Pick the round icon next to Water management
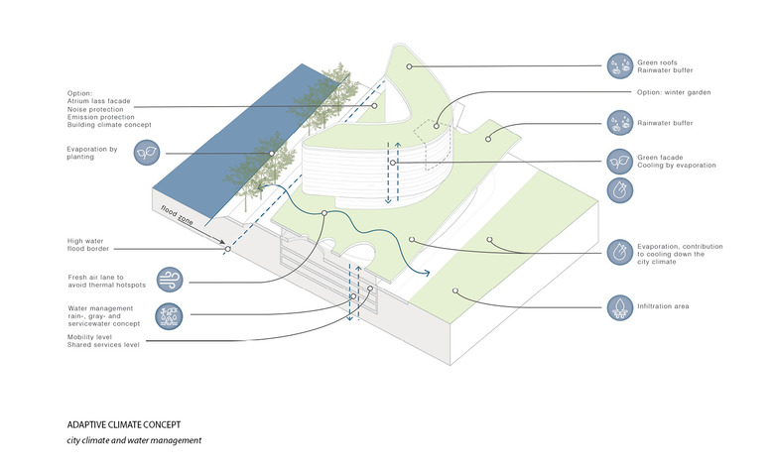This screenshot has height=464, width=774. [x=171, y=316]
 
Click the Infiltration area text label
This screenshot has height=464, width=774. [x=663, y=306]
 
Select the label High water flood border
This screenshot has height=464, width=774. [x=91, y=245]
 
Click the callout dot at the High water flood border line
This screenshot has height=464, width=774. [x=226, y=250]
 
